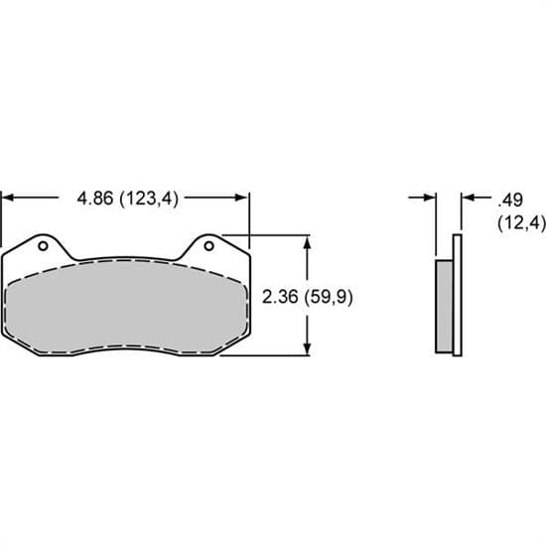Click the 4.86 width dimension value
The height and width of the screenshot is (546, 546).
click(x=95, y=198)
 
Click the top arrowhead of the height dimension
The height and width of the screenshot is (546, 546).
click(x=310, y=241)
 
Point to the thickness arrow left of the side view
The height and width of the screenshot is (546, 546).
click(x=429, y=199)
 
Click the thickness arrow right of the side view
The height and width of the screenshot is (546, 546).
click(x=468, y=199)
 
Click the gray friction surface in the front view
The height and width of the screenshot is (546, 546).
click(x=124, y=308)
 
